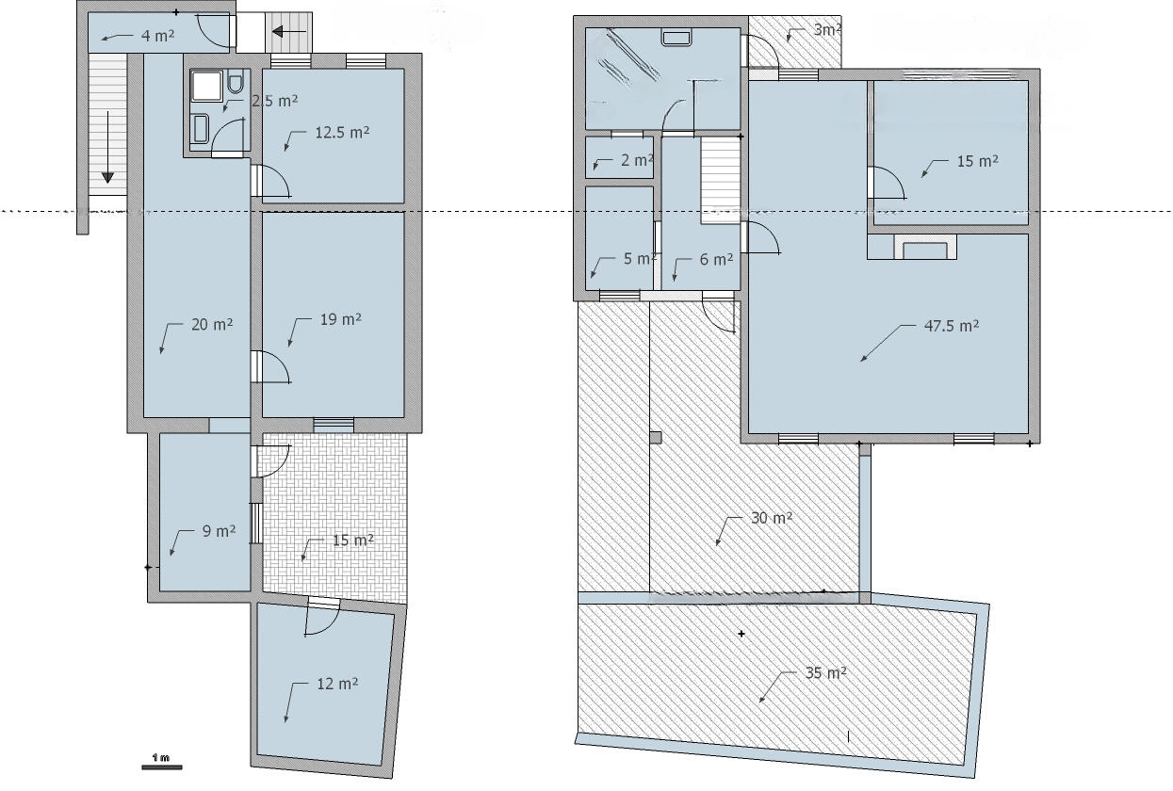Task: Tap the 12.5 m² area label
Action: [342, 132]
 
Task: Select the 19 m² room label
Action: [340, 319]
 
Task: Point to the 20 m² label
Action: [212, 324]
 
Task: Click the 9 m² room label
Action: [219, 531]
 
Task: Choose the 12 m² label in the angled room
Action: [337, 683]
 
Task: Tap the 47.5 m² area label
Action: [952, 326]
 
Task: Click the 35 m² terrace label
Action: [826, 672]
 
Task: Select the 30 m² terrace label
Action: [772, 518]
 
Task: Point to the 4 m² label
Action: [157, 36]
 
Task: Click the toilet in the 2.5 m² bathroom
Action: [236, 83]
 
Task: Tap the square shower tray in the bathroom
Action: [207, 86]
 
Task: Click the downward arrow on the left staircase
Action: [107, 147]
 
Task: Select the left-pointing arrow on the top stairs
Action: [289, 32]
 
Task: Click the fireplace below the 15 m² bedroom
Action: [925, 247]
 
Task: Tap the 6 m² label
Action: [716, 259]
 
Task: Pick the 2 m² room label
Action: [637, 160]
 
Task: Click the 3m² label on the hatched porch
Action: [827, 30]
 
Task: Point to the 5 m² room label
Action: [640, 259]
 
